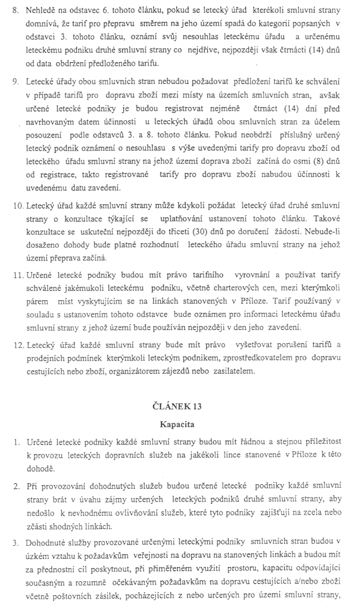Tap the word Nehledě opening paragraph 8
43,10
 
